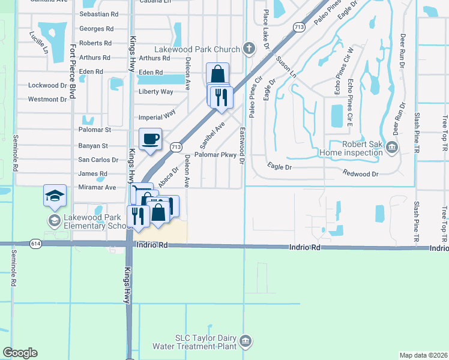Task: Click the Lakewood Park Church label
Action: (197, 48)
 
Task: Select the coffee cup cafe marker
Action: (150, 139)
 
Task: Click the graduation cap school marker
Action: (55, 196)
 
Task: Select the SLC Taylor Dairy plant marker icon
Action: (245, 341)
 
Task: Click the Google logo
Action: (20, 353)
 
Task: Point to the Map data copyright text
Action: (424, 355)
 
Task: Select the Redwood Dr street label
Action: (361, 174)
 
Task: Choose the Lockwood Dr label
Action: (47, 86)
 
